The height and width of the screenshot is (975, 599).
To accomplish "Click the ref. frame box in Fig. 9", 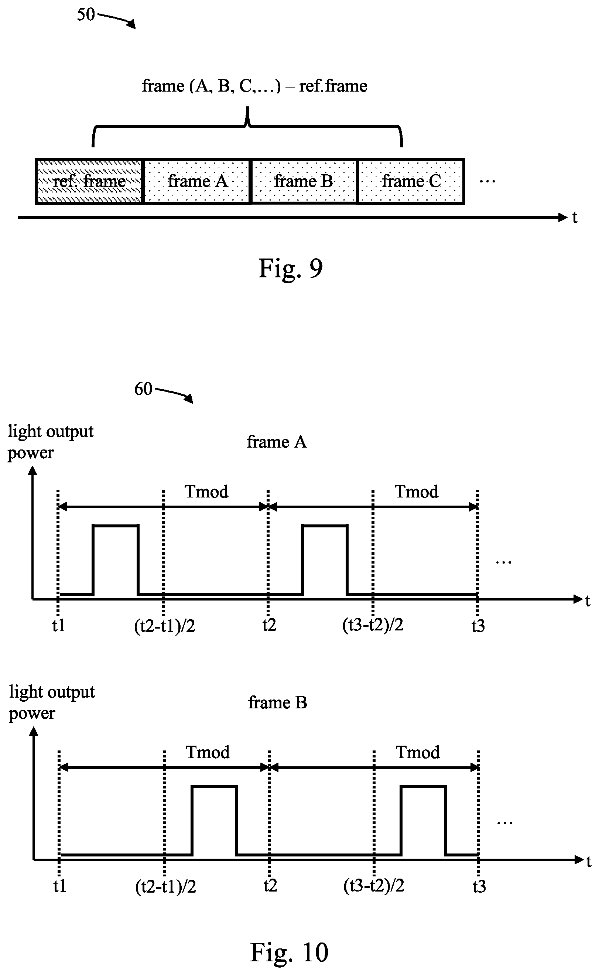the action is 89,181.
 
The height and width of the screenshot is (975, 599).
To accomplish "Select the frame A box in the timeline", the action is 197,181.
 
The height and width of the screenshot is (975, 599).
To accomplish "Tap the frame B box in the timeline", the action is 304,181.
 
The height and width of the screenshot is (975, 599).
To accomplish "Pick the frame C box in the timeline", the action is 411,181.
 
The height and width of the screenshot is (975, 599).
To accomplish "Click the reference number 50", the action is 86,15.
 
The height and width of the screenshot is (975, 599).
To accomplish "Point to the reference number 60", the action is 143,389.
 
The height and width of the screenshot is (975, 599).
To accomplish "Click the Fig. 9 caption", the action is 290,268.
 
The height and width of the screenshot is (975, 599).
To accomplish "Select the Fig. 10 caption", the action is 289,952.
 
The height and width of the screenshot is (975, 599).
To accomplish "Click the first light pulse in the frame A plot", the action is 115,525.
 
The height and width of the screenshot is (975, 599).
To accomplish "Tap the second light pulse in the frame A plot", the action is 325,525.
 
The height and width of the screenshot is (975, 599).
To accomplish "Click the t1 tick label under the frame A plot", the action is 59,626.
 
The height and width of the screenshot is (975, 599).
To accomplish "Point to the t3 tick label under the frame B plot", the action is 479,886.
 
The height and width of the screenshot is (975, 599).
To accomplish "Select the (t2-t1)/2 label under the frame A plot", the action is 165,626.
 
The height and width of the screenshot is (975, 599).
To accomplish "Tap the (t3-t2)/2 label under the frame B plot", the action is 374,886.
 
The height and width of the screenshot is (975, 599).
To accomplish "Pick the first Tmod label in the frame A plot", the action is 206,492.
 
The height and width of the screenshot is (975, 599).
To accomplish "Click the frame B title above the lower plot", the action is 278,702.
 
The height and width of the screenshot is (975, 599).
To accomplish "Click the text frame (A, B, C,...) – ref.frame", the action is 255,86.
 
